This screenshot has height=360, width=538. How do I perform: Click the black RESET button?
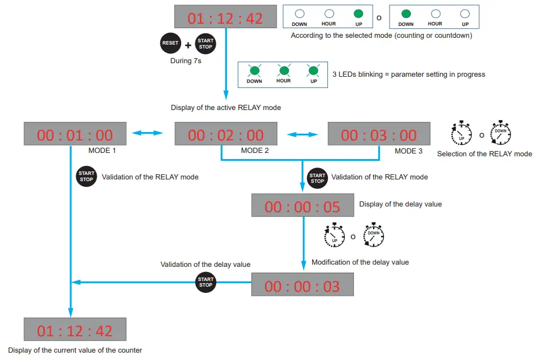click(170, 43)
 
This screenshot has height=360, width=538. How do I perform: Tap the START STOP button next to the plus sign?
click(205, 43)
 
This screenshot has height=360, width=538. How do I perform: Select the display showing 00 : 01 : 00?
click(75, 135)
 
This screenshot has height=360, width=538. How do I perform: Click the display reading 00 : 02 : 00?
click(226, 135)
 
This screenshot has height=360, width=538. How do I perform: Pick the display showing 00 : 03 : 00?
click(379, 135)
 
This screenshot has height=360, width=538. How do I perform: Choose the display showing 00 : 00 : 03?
click(302, 286)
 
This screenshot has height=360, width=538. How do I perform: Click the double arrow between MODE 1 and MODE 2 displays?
click(147, 133)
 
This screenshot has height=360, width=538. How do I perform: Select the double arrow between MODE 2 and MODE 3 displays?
click(303, 134)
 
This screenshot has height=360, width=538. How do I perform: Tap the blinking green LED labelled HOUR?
click(283, 71)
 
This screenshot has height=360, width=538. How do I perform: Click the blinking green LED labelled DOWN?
click(255, 71)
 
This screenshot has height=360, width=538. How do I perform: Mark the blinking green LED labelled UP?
click(313, 71)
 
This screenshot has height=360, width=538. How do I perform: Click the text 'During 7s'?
click(186, 61)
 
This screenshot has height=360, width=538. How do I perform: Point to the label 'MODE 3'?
click(408, 151)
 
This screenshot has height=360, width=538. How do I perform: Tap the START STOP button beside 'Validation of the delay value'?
click(205, 282)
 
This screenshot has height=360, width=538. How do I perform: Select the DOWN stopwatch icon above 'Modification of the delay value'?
click(373, 236)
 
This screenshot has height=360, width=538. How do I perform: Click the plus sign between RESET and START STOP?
click(188, 45)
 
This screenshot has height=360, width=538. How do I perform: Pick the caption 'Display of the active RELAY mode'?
click(226, 107)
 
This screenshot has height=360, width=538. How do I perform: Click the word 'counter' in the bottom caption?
click(129, 350)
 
